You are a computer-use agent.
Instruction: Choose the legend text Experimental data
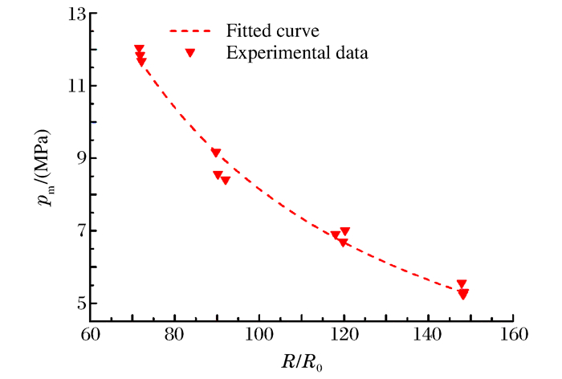pyautogui.click(x=297, y=54)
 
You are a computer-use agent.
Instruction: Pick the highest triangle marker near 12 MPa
pyautogui.click(x=139, y=50)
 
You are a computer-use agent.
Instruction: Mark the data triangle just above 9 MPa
pyautogui.click(x=216, y=153)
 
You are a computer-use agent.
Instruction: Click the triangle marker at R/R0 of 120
pyautogui.click(x=345, y=232)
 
